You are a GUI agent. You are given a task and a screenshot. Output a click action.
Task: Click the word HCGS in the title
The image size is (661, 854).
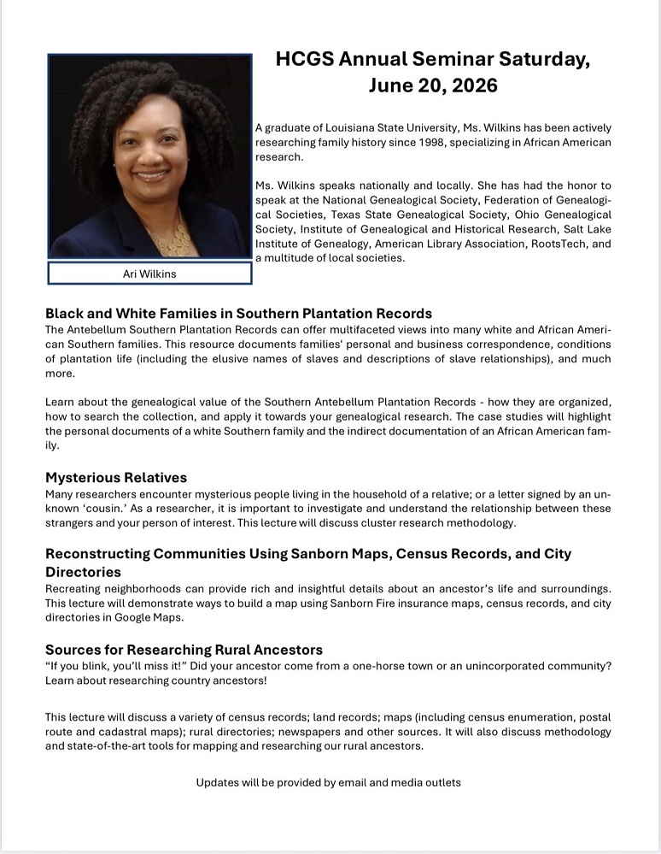coord(304,59)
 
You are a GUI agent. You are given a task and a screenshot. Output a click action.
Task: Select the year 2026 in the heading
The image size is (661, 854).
coord(473,85)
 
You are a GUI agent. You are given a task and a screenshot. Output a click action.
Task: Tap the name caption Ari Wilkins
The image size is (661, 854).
coord(149,274)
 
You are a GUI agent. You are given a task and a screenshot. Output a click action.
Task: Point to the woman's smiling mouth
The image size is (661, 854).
coord(151,175)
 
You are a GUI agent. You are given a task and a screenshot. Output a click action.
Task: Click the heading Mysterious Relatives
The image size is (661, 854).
coord(116,477)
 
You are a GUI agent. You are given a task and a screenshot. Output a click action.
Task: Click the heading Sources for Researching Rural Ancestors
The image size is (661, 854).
coord(184,650)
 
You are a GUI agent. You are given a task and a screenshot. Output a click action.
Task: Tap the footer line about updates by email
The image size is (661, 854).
coord(329,782)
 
